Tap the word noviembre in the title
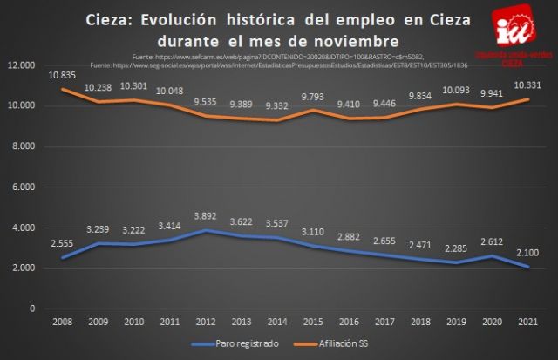pyautogui.click(x=358, y=38)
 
